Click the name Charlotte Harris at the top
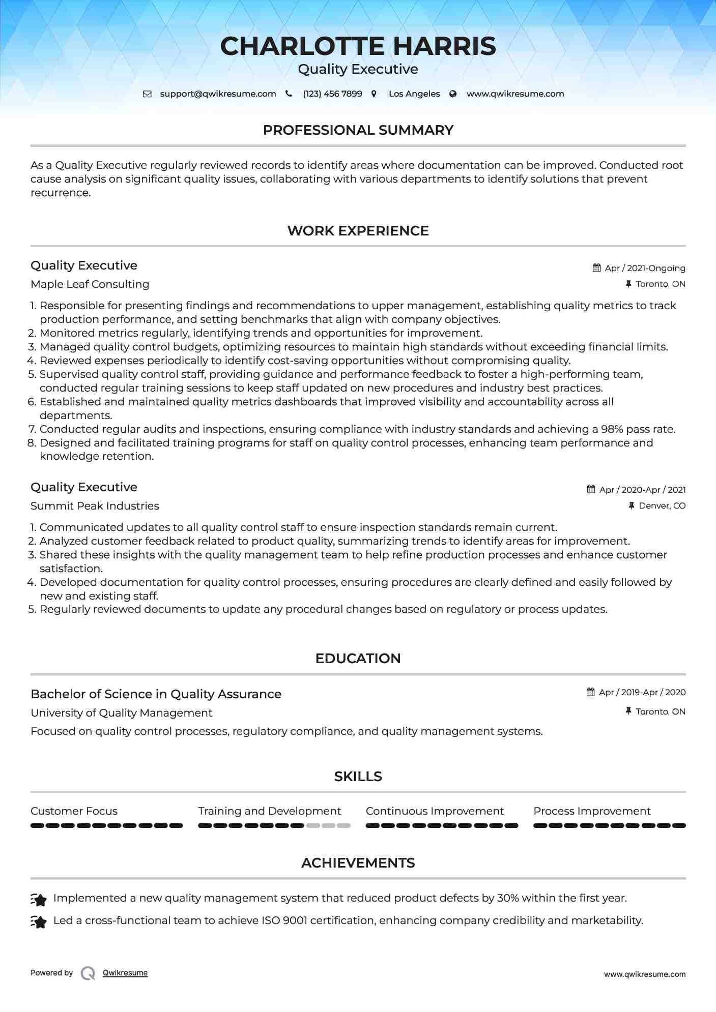pyautogui.click(x=358, y=46)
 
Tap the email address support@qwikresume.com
pyautogui.click(x=218, y=94)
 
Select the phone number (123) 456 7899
pyautogui.click(x=332, y=94)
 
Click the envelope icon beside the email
pyautogui.click(x=147, y=94)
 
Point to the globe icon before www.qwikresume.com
pyautogui.click(x=453, y=94)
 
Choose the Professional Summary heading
pyautogui.click(x=358, y=130)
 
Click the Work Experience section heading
pyautogui.click(x=358, y=231)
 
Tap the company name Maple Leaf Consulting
pyautogui.click(x=90, y=284)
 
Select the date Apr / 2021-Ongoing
pyautogui.click(x=645, y=268)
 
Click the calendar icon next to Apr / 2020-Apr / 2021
pyautogui.click(x=591, y=489)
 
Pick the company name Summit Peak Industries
pyautogui.click(x=95, y=506)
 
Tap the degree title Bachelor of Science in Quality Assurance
pyautogui.click(x=156, y=694)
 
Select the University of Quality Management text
pyautogui.click(x=121, y=713)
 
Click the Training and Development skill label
pyautogui.click(x=269, y=811)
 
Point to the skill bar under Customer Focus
pyautogui.click(x=106, y=825)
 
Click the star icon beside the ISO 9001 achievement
pyautogui.click(x=39, y=921)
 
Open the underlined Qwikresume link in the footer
pyautogui.click(x=125, y=973)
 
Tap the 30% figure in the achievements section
pyautogui.click(x=507, y=898)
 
